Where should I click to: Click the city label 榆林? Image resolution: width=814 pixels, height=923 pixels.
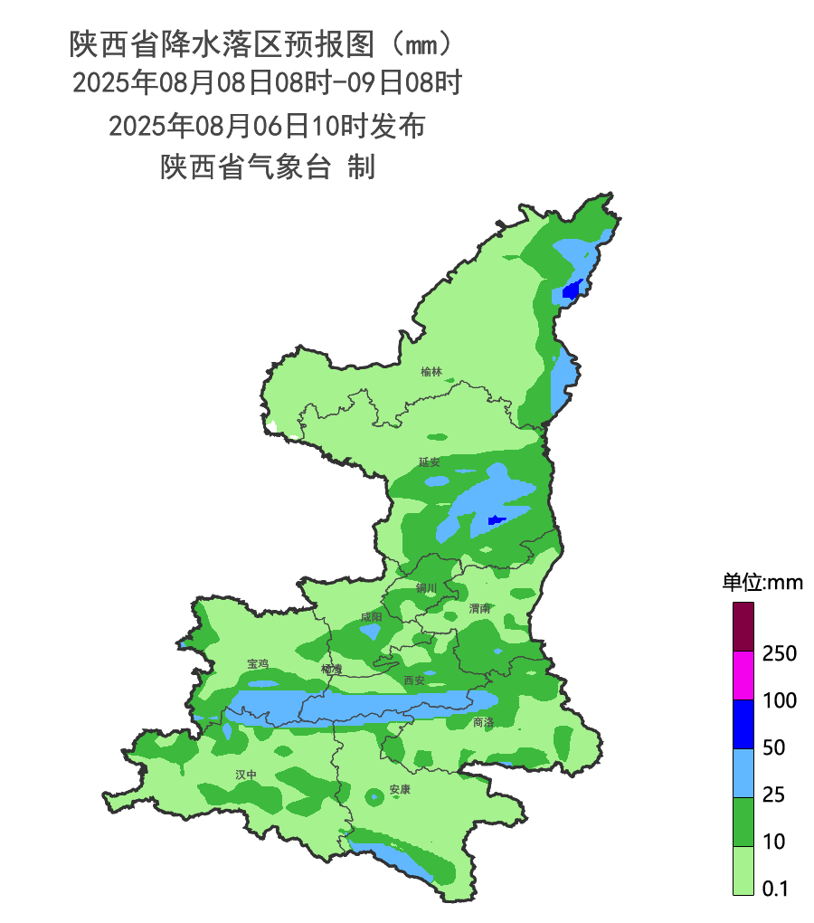(431, 372)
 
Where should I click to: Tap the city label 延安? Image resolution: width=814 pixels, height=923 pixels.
(429, 462)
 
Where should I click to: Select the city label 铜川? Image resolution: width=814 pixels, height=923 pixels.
(426, 588)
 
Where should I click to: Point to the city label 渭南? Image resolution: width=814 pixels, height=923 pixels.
(480, 608)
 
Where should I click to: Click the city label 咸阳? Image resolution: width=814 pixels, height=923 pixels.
(371, 617)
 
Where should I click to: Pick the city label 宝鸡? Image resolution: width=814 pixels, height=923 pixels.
(258, 664)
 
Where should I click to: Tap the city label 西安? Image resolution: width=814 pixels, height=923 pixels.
(414, 680)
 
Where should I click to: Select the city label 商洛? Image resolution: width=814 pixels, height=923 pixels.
(483, 722)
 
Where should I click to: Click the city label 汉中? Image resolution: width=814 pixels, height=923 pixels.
(246, 776)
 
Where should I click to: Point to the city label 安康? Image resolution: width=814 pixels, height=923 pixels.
(400, 790)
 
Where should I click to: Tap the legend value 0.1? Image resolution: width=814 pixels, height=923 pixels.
(775, 890)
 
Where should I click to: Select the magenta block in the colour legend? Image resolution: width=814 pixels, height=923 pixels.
(743, 675)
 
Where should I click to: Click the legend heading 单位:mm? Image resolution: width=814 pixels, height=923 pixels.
(762, 583)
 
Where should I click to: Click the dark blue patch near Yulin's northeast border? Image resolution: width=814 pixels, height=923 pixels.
(571, 290)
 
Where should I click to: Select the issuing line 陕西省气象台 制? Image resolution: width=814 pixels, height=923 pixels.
(268, 167)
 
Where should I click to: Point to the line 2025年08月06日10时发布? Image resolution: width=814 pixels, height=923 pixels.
(267, 126)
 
